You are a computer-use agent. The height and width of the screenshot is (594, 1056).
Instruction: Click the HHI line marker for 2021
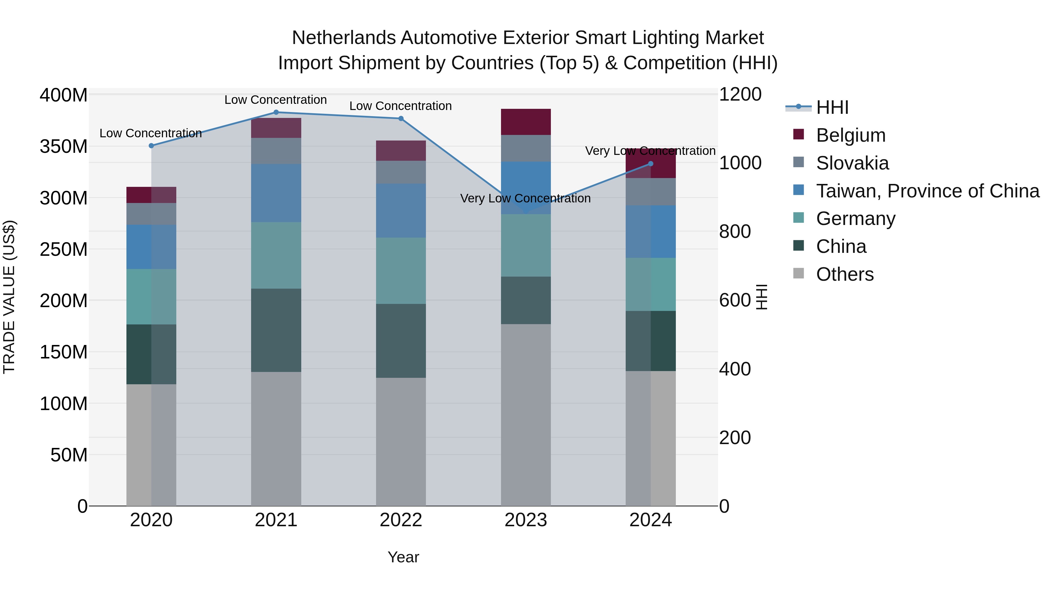click(x=276, y=112)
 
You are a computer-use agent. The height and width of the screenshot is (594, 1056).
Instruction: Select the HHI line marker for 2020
click(x=151, y=145)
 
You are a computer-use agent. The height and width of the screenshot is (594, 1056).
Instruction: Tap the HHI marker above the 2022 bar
click(x=401, y=119)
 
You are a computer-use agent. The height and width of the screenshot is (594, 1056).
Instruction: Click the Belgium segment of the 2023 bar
click(x=526, y=122)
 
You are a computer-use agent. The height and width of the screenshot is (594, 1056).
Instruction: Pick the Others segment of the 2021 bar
click(x=276, y=439)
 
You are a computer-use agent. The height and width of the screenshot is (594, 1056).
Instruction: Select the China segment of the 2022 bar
click(x=401, y=340)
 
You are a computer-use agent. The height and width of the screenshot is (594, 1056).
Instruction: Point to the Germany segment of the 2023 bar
click(x=526, y=245)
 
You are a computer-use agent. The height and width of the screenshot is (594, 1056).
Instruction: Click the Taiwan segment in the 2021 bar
click(x=276, y=193)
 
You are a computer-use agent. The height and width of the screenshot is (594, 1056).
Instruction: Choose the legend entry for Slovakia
click(x=852, y=163)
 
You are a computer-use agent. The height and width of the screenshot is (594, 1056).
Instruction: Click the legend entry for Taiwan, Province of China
click(x=927, y=191)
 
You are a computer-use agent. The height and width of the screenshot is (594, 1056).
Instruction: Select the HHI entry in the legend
click(x=831, y=107)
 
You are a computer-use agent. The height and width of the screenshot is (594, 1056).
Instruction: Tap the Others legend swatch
click(x=798, y=273)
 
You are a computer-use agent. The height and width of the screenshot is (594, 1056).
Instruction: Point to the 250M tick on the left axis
click(x=64, y=249)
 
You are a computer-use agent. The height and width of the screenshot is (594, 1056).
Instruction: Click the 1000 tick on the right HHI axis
click(x=740, y=163)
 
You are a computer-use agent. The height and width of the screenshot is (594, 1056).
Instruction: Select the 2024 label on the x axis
click(x=651, y=520)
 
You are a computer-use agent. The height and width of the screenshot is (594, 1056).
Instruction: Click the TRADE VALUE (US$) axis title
click(x=9, y=297)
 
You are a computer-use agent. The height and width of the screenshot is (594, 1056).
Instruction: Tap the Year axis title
click(x=403, y=557)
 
